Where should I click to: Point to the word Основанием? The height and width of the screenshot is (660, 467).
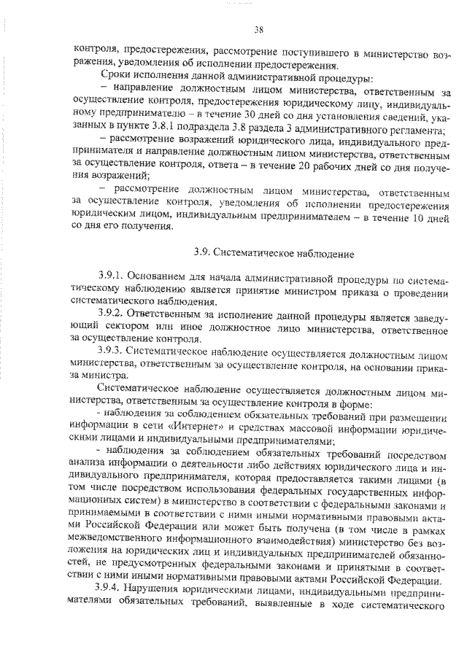pyautogui.click(x=160, y=278)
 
